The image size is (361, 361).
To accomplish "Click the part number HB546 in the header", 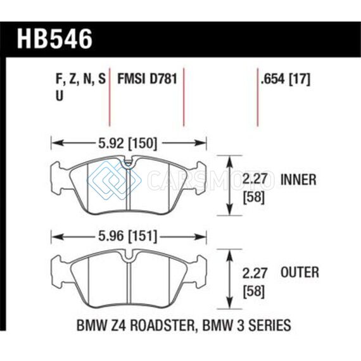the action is (54, 39).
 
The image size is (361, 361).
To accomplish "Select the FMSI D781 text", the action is (148, 79).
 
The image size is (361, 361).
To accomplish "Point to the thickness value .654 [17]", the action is (286, 79).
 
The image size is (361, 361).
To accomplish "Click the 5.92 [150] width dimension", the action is (128, 143).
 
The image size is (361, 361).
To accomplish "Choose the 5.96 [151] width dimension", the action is (128, 236).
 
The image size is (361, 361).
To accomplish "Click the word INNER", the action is (298, 180).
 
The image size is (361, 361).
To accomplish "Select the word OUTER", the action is (300, 272).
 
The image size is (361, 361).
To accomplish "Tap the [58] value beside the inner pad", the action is (254, 198).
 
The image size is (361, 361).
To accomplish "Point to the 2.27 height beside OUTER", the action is (255, 273).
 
